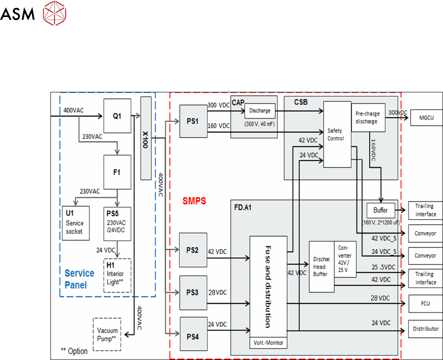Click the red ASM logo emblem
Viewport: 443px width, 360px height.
click(54, 13)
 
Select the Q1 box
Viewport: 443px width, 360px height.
click(117, 116)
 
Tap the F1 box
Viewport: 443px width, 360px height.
click(117, 172)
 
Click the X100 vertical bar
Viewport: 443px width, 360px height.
click(146, 138)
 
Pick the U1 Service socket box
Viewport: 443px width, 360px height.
click(76, 223)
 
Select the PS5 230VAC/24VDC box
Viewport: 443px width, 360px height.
click(117, 224)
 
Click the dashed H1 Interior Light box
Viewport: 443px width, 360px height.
click(117, 275)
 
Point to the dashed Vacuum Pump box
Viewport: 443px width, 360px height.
click(107, 334)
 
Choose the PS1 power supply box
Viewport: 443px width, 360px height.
click(193, 121)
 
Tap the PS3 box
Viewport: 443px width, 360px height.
click(193, 293)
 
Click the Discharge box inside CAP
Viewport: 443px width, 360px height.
click(260, 111)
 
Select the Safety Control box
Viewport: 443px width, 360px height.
click(337, 135)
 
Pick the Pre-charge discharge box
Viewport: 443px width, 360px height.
click(368, 117)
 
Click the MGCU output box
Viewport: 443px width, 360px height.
click(426, 118)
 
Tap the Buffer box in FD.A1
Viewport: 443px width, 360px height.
click(380, 210)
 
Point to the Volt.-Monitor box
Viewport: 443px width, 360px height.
click(268, 343)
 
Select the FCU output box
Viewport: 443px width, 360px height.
click(426, 304)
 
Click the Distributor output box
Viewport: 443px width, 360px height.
click(426, 329)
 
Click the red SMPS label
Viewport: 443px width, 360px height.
click(194, 201)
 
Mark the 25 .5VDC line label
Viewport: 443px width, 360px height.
click(384, 267)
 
